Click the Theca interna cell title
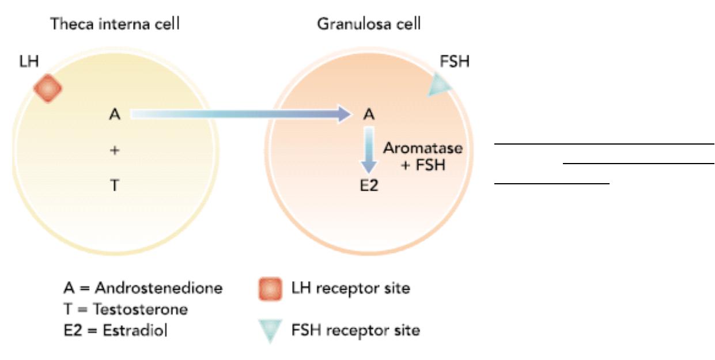pos(115,24)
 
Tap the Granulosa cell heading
pos(369,24)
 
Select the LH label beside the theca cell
pos(29,61)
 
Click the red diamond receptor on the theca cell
pos(48,88)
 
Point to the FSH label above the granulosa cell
pos(455,61)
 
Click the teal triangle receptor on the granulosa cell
pos(439,85)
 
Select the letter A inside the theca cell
pos(115,114)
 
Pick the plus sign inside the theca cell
pos(115,150)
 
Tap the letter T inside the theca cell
pos(115,185)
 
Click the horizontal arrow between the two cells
pos(241,114)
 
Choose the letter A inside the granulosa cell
pos(369,114)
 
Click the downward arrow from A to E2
pos(369,150)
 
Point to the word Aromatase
pos(423,148)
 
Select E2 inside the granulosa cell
pos(369,185)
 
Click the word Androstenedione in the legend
pos(158,288)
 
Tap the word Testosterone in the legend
pos(141,309)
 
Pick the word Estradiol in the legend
pos(135,330)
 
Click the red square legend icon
pos(270,289)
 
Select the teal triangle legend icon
pos(270,330)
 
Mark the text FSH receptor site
pos(355,330)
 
